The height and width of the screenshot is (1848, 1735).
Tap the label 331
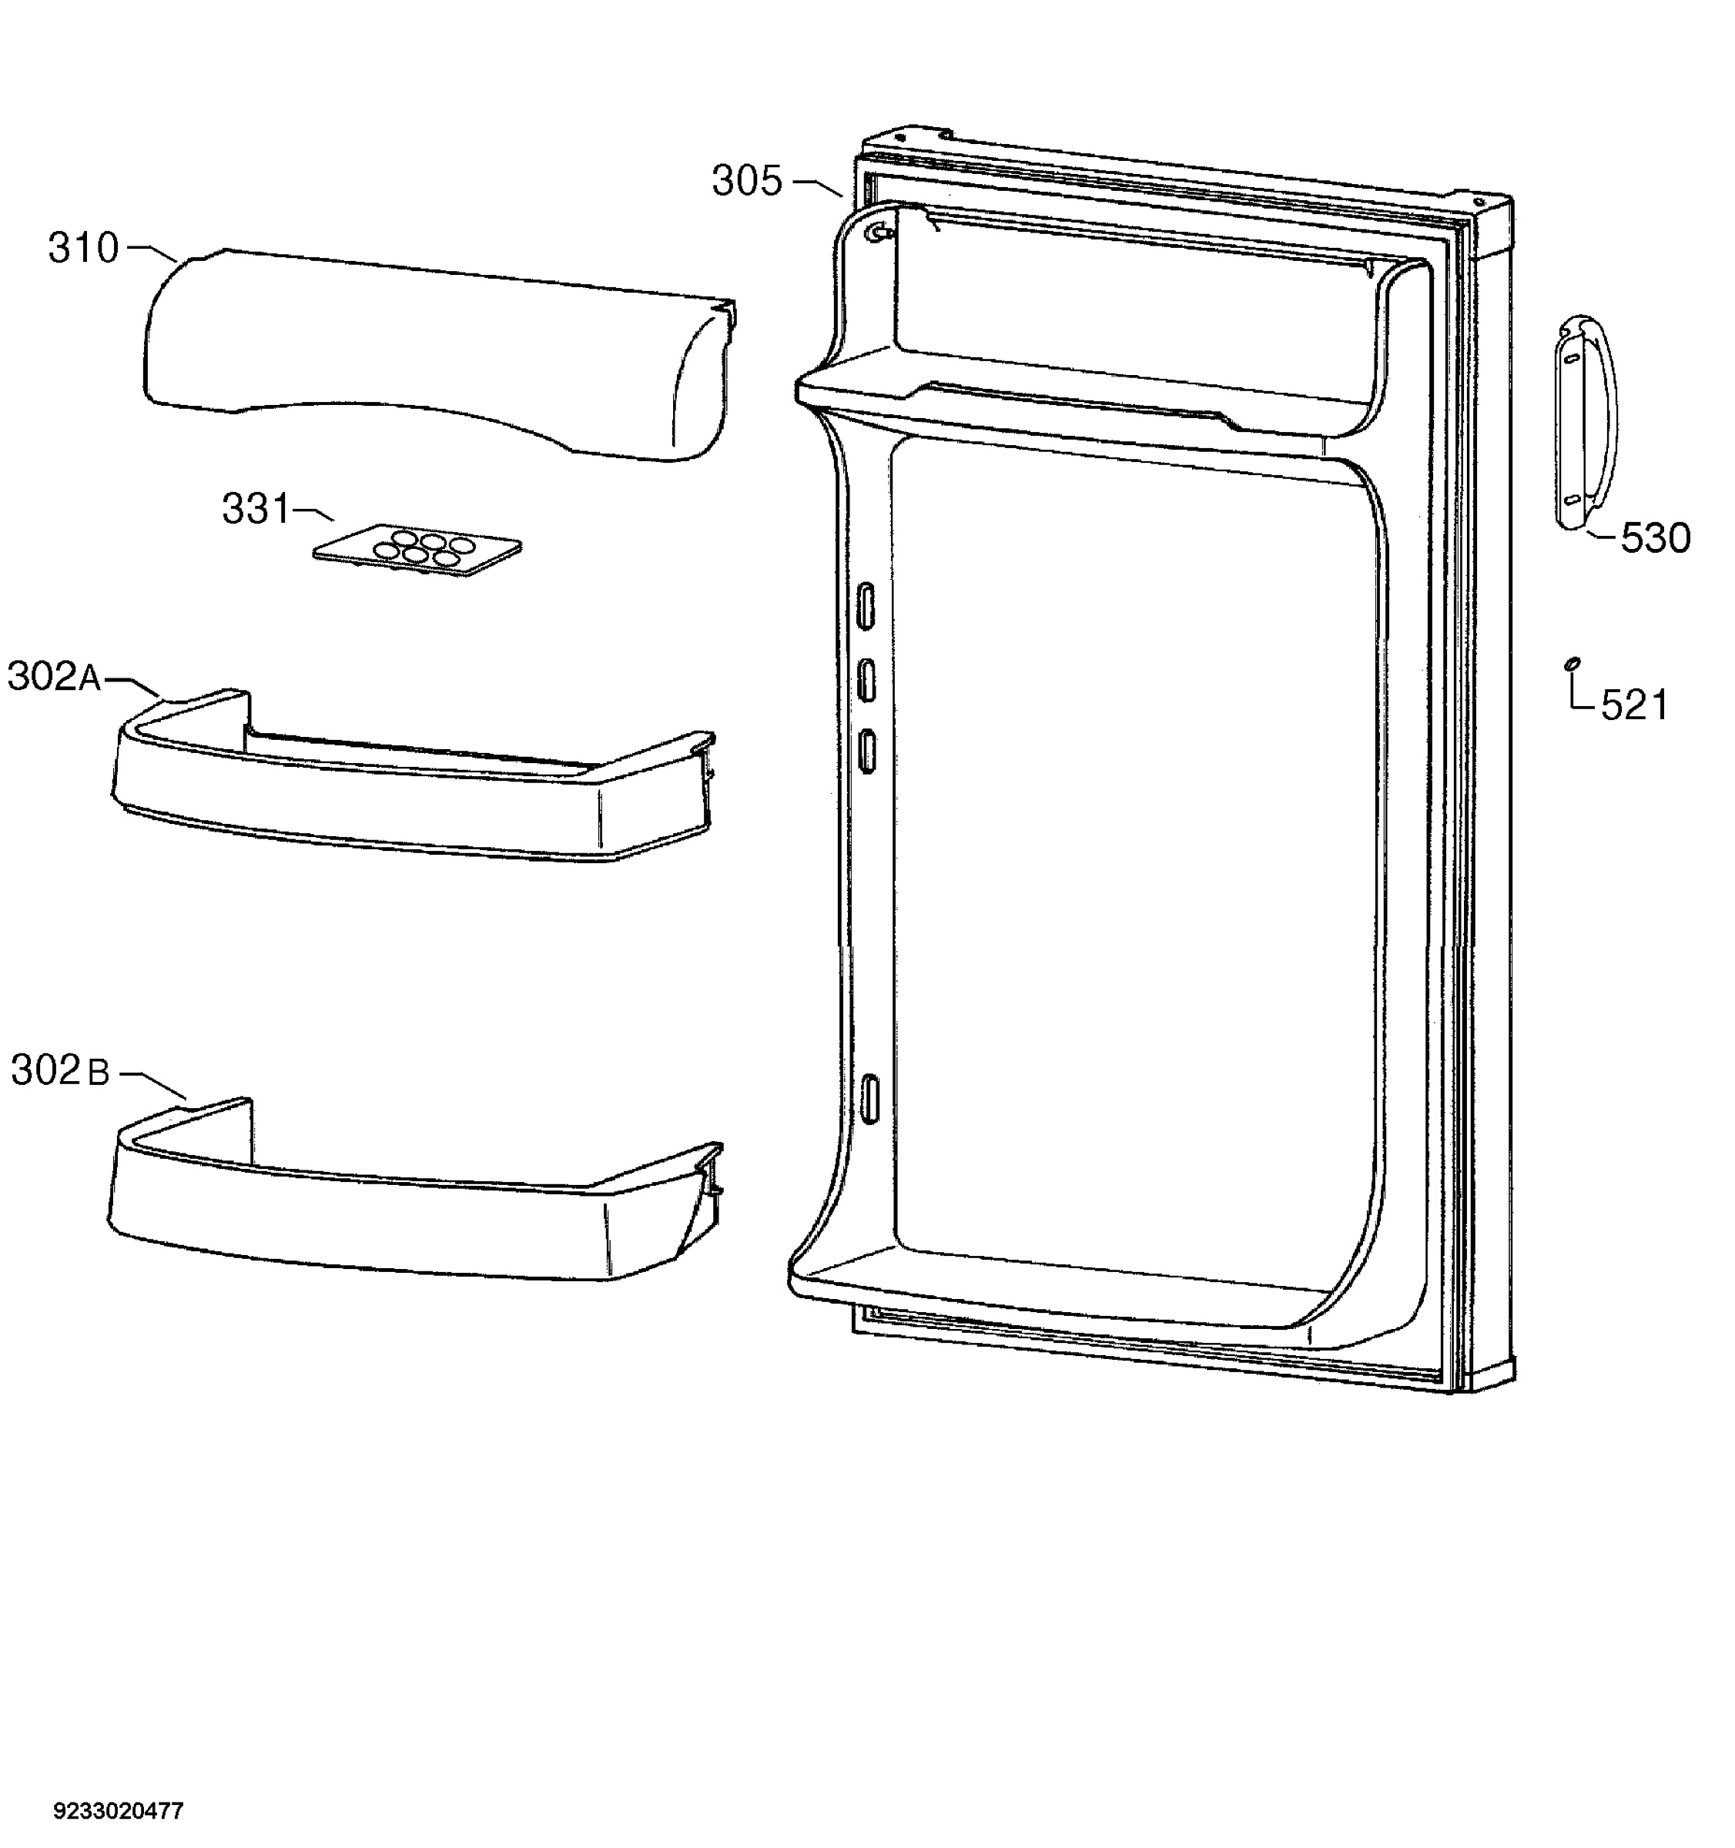point(256,510)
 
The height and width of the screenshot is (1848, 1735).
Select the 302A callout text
point(55,677)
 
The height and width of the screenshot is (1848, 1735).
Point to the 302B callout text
point(60,1071)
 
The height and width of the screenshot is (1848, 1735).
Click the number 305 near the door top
point(748,180)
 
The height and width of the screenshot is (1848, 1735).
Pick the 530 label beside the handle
point(1655,539)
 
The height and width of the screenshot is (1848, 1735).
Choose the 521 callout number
point(1635,705)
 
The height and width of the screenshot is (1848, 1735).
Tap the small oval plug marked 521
point(1571,663)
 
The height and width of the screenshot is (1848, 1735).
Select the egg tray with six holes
point(417,551)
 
